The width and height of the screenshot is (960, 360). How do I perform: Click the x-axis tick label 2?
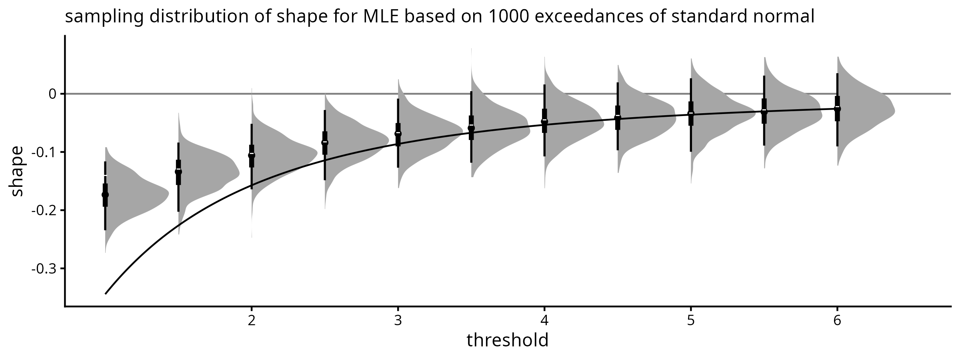coord(252,321)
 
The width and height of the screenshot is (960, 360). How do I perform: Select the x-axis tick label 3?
coord(398,321)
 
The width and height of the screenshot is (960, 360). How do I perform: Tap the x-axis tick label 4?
coord(544,321)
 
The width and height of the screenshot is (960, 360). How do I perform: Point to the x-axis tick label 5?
coord(691,321)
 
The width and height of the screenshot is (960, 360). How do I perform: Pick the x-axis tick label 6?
coord(837,321)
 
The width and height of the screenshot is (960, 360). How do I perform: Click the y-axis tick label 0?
coord(52,94)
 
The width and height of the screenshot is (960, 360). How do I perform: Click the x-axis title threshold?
coord(507,341)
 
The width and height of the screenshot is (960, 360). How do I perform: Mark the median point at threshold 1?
coord(105,195)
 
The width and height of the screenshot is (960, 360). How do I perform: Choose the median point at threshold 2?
coord(252,155)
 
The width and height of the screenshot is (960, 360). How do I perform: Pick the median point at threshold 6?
coord(837,108)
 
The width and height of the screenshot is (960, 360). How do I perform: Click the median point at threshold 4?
coord(544,121)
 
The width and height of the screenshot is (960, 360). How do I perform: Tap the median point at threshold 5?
coord(691,114)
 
